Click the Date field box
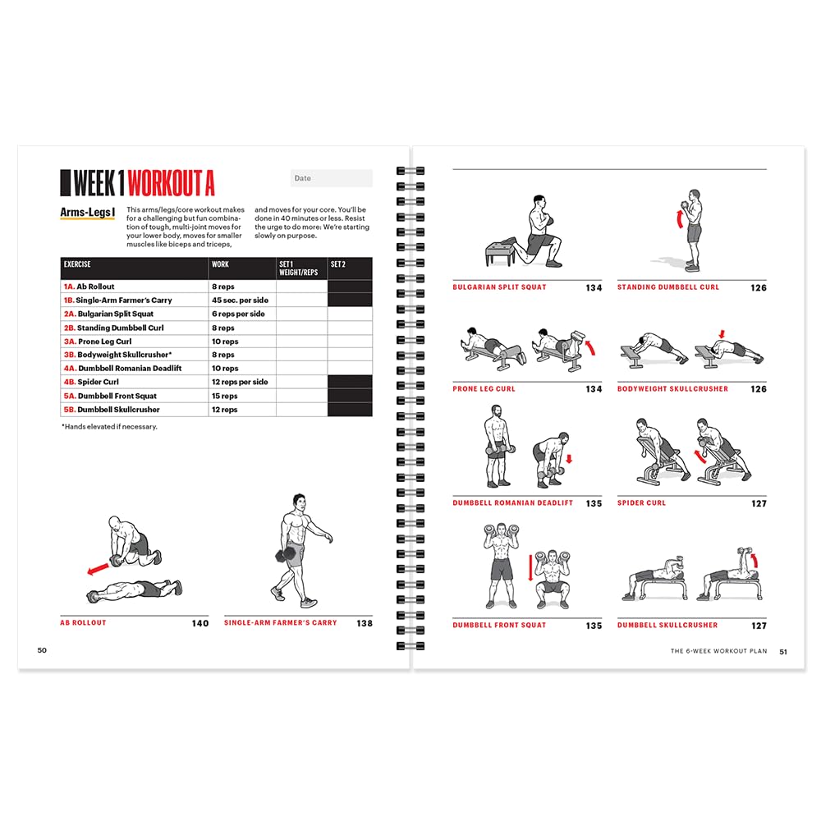tap(331, 178)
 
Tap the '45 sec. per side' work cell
tap(241, 300)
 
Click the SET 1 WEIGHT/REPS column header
tap(301, 268)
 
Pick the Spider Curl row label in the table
tap(98, 382)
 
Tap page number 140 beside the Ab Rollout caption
tap(200, 624)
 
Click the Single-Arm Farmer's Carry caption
tap(281, 623)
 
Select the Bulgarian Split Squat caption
tap(499, 287)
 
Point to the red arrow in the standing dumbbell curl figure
tap(678, 219)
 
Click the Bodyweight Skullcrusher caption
tap(672, 389)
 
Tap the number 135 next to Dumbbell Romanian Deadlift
tap(594, 503)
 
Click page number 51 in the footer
tap(783, 651)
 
